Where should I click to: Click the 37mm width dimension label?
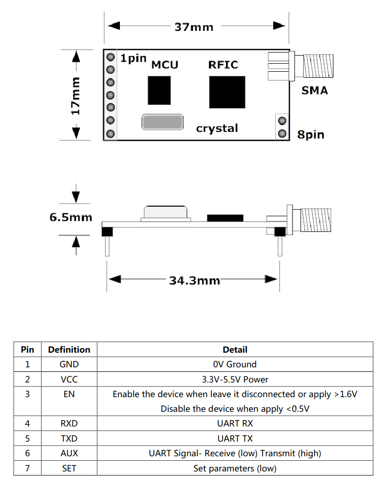point(194,27)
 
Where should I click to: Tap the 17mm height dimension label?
point(75,95)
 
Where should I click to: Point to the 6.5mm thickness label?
point(71,217)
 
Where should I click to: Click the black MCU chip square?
point(159,90)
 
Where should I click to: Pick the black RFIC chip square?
point(227,92)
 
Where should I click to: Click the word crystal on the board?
point(217,128)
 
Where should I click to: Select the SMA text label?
point(314,91)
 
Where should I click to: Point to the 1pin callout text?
point(133,58)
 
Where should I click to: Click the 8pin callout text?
point(311,135)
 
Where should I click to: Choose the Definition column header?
point(69,350)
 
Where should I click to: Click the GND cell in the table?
point(69,364)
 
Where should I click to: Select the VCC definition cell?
point(69,379)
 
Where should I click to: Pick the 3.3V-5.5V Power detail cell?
point(235,379)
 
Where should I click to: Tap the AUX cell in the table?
point(69,453)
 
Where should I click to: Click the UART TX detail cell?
point(235,439)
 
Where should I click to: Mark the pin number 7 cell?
point(27,468)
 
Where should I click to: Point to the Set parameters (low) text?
point(235,468)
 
